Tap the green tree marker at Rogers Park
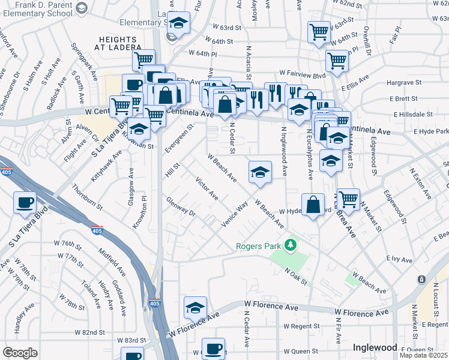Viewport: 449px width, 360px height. pos(291,245)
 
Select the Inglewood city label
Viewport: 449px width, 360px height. pos(375,347)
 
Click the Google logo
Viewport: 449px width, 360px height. pos(20,353)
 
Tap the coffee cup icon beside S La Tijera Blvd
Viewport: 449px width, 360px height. pos(25,202)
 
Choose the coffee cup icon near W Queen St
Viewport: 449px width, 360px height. pos(213,348)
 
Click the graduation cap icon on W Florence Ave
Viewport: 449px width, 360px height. pos(195,307)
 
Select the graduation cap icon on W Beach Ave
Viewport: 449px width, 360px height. pos(260,172)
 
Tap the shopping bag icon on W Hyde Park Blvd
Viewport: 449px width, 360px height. pos(313,204)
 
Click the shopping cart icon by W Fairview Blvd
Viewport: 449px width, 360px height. pos(337,60)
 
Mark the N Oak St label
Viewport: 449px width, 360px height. pos(296,277)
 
